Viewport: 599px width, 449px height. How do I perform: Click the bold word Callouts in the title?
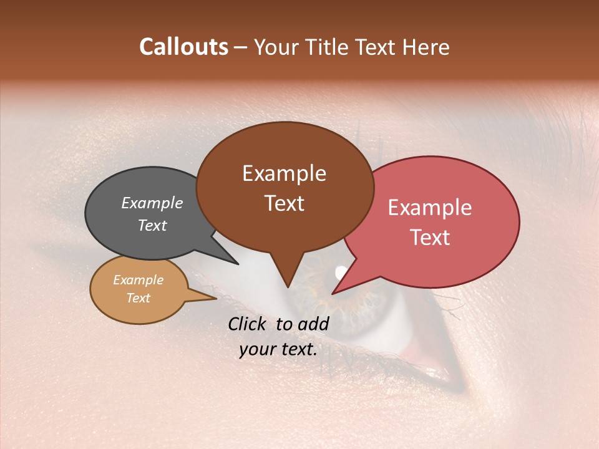[x=183, y=47]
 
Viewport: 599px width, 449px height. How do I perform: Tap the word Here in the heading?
[x=427, y=47]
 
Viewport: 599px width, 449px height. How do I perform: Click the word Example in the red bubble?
[x=430, y=208]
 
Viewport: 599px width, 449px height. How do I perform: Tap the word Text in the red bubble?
[x=430, y=237]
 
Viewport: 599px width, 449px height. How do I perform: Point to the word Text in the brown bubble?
[x=284, y=203]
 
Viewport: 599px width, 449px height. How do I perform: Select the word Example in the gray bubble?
[x=152, y=203]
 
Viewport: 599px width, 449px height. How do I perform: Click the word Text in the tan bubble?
[x=138, y=298]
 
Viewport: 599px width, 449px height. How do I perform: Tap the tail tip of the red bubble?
[x=333, y=292]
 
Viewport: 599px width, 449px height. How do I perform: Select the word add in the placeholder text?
[x=313, y=324]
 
